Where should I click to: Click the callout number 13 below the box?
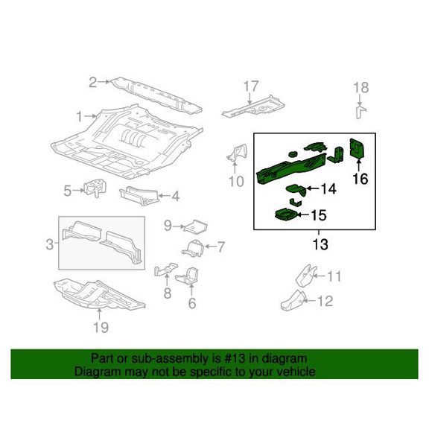(320, 244)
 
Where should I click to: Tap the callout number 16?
(360, 179)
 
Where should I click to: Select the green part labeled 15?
(285, 214)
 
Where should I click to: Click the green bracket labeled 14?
(296, 189)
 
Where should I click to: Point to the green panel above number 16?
(357, 148)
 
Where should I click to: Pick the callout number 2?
(93, 83)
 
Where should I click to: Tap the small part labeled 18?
(360, 111)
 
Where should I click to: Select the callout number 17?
(250, 86)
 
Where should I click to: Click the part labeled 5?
(95, 188)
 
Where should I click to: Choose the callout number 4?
(175, 197)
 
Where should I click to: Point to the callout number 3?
(49, 244)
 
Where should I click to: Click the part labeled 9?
(196, 226)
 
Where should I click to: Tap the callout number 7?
(220, 247)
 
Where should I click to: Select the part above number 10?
(237, 153)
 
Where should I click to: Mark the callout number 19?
(101, 327)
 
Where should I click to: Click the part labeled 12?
(293, 300)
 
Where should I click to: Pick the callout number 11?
(334, 276)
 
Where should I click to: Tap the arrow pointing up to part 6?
(191, 290)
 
